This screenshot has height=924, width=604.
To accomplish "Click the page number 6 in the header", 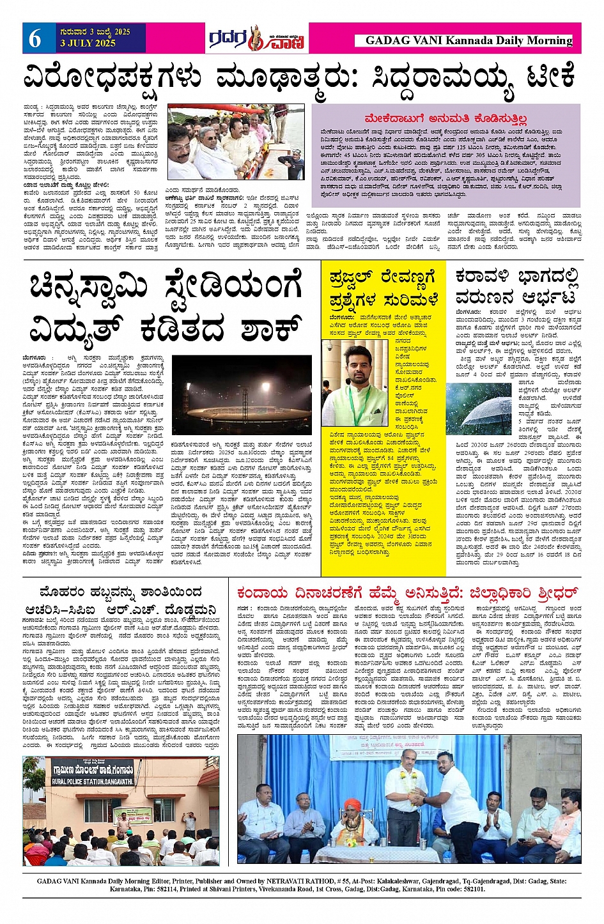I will (x=35, y=39).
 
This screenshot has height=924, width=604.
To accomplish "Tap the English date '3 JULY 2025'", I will (x=88, y=43).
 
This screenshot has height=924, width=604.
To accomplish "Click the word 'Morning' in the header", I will (x=550, y=40).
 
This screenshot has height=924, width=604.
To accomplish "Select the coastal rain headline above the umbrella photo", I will (x=516, y=287).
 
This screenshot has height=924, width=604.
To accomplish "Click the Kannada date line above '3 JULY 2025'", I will (x=95, y=32).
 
